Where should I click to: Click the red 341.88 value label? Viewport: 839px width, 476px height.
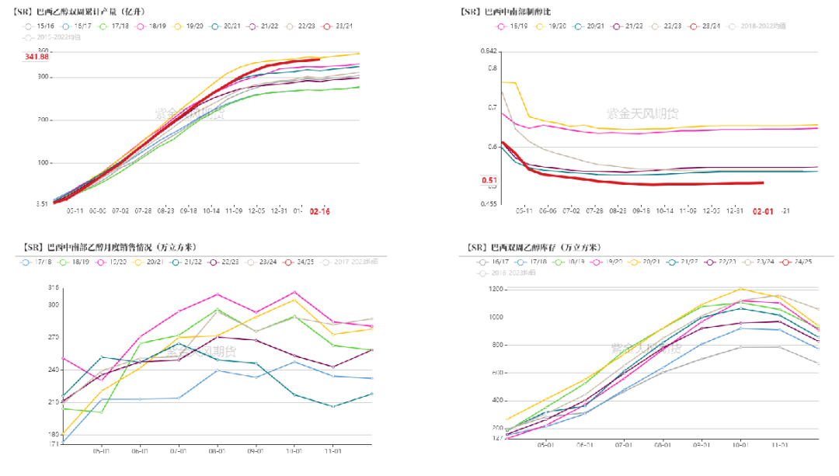pos(37,57)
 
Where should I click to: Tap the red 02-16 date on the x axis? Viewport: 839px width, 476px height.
pos(319,211)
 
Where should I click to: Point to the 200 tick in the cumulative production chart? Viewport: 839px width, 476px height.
pos(43,120)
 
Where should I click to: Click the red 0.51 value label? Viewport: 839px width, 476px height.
pos(489,181)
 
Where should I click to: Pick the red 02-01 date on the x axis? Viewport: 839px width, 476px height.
pos(762,210)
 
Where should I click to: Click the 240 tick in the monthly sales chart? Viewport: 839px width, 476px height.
pos(54,370)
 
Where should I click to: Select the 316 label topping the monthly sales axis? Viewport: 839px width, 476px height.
pos(54,288)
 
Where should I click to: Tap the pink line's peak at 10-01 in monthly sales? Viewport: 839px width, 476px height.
pos(294,292)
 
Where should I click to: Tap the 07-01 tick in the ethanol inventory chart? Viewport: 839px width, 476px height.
pos(623,446)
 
